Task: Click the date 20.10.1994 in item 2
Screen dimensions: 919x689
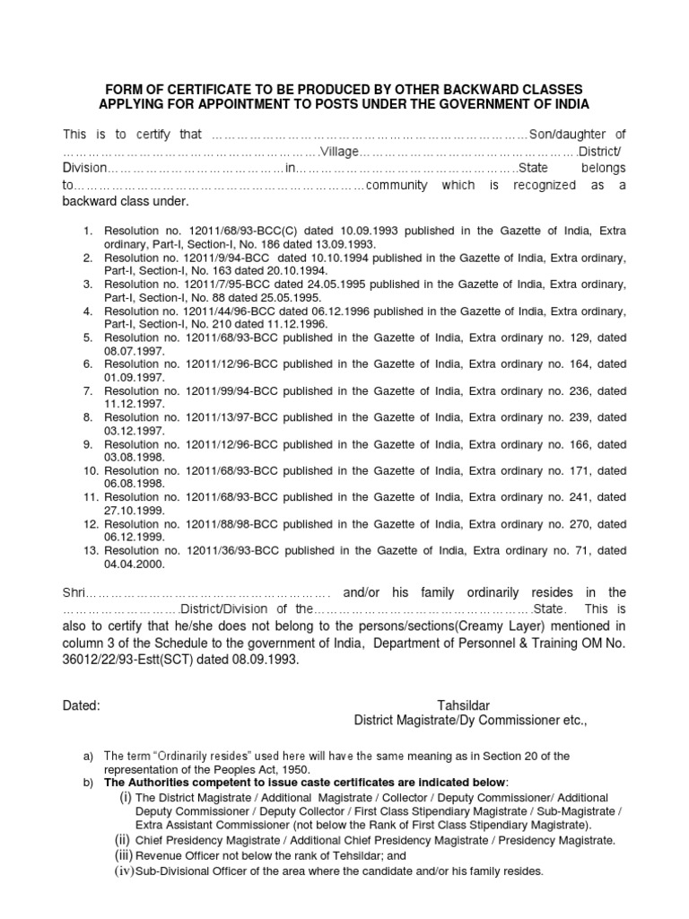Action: (x=300, y=270)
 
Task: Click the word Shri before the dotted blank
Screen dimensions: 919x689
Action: (x=74, y=593)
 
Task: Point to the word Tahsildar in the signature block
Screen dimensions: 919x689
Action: (x=464, y=705)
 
